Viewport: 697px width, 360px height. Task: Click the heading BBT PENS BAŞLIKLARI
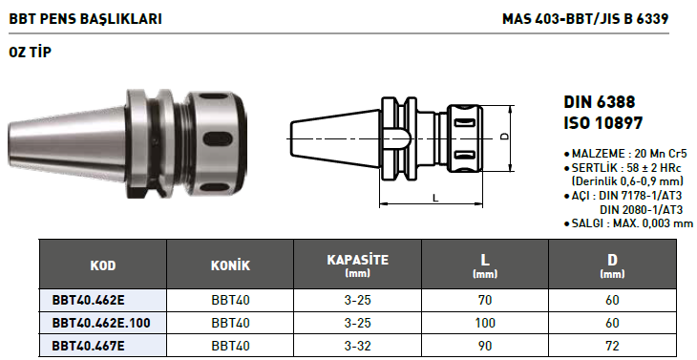click(85, 19)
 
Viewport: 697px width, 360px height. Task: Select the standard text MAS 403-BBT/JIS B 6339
click(585, 19)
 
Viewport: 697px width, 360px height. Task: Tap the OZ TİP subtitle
click(31, 52)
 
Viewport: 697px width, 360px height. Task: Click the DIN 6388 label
click(600, 102)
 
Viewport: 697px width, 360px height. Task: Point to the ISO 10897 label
click(603, 122)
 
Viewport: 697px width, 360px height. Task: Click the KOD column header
click(103, 265)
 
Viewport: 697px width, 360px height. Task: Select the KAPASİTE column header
click(357, 260)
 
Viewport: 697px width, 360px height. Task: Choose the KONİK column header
click(230, 265)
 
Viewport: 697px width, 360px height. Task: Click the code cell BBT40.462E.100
click(101, 323)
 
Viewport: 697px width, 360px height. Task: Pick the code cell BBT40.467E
click(89, 346)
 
